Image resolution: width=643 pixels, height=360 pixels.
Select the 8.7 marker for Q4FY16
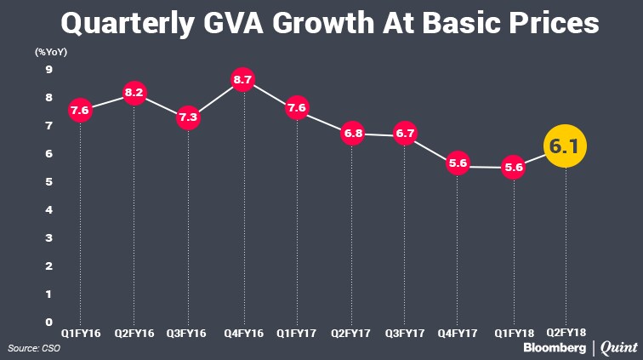coord(242,80)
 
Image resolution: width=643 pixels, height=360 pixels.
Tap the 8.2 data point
coord(134,91)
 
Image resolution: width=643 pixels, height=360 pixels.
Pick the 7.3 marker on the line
coord(188,118)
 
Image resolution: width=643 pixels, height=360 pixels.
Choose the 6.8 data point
coord(350,133)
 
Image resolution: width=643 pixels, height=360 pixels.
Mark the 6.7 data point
coord(405,134)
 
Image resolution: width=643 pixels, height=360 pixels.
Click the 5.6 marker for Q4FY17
coord(459,165)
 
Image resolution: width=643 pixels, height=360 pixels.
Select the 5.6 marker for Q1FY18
coord(513,167)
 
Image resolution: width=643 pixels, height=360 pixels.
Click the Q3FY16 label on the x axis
coord(188,333)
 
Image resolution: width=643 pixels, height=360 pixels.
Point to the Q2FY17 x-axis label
coord(350,333)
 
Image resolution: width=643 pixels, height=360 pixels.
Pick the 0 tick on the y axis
coord(48,322)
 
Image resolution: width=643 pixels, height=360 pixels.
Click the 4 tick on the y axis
coord(48,210)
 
